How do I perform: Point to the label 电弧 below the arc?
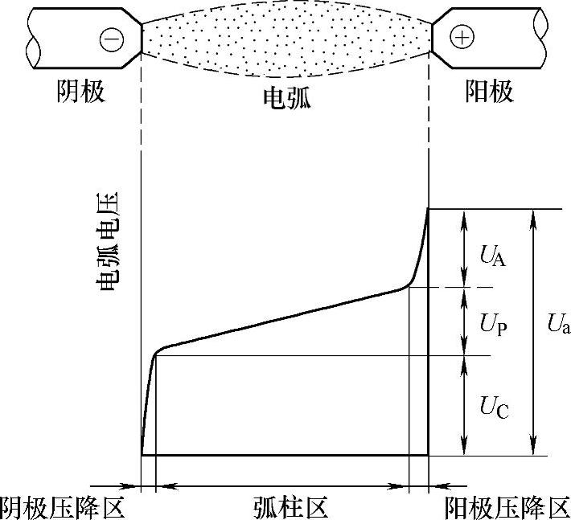tap(286, 98)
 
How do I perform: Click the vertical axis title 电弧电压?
tap(107, 241)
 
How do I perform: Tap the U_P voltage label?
tap(493, 326)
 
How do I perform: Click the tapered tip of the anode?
tap(439, 37)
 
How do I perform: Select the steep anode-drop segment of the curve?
tap(421, 249)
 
